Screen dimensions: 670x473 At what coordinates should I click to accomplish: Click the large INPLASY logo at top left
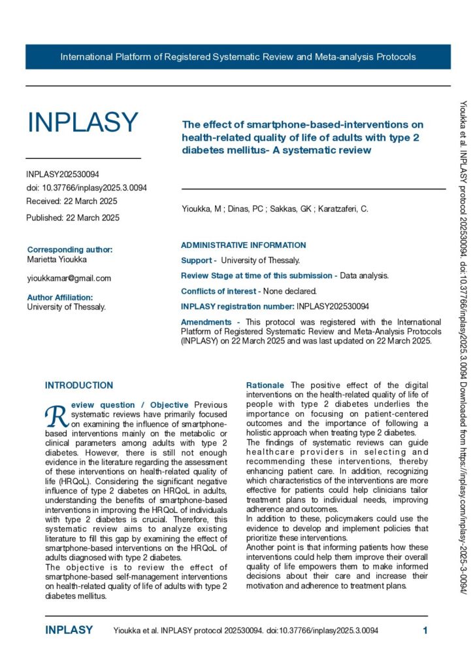(x=83, y=123)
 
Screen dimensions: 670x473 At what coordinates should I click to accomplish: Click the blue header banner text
(x=238, y=57)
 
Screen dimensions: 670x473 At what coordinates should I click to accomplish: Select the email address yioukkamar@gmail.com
(x=69, y=278)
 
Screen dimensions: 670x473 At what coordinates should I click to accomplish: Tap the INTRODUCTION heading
(x=79, y=385)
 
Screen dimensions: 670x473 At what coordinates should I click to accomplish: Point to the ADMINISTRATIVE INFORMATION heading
(x=243, y=245)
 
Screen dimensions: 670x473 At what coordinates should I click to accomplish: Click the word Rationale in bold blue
(x=265, y=385)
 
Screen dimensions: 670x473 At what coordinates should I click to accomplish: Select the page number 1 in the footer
(x=425, y=631)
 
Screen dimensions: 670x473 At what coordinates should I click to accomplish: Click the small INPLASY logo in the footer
(x=69, y=631)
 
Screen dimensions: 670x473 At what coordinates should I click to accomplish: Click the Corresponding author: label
(x=70, y=249)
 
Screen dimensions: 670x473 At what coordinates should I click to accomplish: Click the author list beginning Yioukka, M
(x=274, y=209)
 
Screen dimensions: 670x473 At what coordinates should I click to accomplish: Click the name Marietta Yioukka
(x=57, y=260)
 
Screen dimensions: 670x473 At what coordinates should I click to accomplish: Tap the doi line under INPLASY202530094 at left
(x=86, y=188)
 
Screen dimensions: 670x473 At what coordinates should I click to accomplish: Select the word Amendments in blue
(x=206, y=322)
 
